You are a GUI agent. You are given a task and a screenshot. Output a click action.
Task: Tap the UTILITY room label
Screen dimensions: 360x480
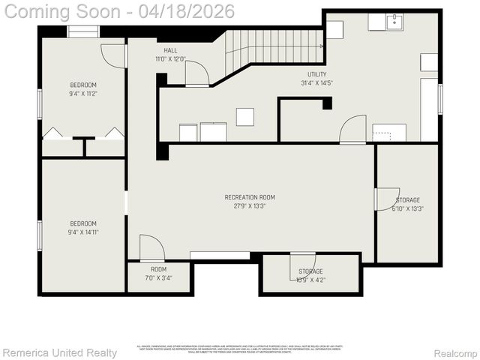(316, 74)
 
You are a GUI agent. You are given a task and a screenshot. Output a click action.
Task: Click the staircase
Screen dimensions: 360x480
(274, 46)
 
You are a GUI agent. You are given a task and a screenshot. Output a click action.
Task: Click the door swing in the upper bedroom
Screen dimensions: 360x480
(113, 55)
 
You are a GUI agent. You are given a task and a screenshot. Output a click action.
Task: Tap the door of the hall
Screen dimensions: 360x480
(197, 73)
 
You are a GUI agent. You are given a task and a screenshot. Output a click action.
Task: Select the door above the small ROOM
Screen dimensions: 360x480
(151, 248)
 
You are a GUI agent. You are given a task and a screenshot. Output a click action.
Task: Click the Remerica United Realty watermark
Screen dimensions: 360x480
(59, 352)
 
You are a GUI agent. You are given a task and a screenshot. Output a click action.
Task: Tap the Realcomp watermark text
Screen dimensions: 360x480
(455, 352)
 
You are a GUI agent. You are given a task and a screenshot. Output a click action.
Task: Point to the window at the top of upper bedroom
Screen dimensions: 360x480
(82, 32)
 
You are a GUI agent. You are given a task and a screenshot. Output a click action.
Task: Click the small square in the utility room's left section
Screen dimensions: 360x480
(244, 116)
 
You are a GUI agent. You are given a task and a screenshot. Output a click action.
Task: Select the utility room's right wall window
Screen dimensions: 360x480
(440, 98)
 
